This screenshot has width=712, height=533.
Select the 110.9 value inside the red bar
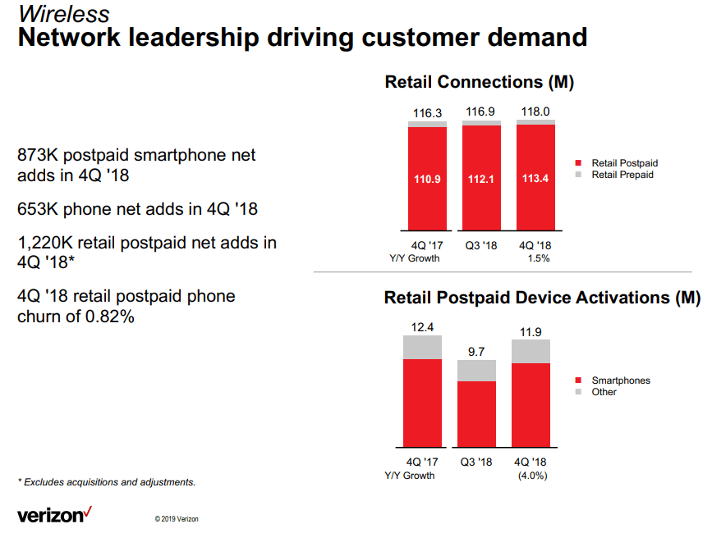[x=426, y=180]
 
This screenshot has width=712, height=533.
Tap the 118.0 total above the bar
[x=535, y=112]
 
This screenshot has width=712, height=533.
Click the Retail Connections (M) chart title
[x=479, y=82]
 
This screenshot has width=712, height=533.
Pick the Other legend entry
[x=604, y=392]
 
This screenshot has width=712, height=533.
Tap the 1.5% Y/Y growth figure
[x=536, y=258]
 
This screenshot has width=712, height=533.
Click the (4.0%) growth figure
[x=532, y=476]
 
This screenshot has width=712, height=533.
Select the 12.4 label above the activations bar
[x=422, y=327]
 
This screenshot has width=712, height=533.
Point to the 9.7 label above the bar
[x=476, y=352]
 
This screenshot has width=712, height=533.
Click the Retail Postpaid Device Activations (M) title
[x=542, y=298]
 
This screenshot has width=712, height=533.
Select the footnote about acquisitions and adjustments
[x=107, y=482]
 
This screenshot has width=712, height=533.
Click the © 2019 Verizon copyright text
[x=176, y=518]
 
